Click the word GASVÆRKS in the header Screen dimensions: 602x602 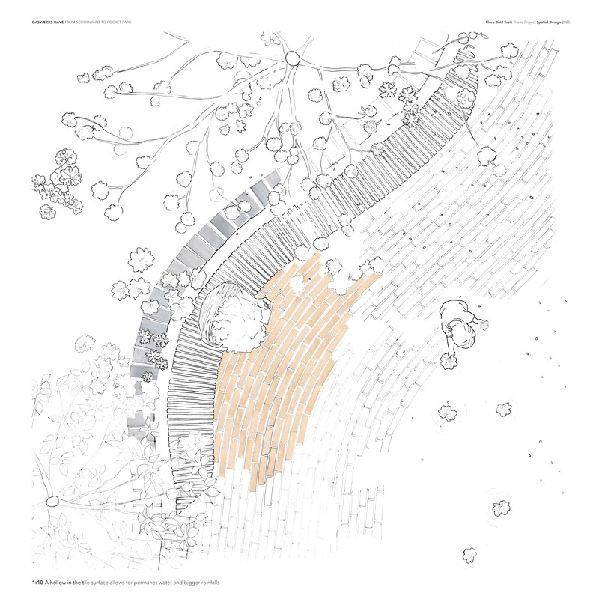42,22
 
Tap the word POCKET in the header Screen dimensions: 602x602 113,22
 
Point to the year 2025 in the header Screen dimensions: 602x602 566,22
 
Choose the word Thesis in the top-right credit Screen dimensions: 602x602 519,22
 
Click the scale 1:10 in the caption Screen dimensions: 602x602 37,583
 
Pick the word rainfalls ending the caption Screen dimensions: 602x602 210,583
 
